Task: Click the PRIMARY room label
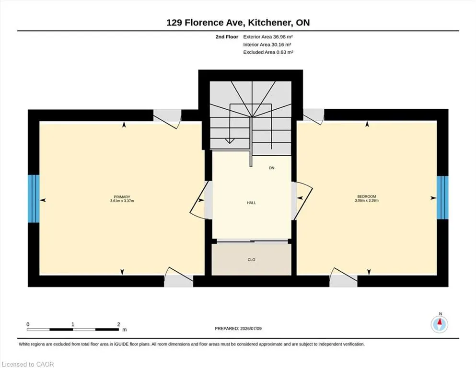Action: point(122,197)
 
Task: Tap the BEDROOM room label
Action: point(367,196)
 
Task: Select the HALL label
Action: point(251,203)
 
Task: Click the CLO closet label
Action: point(251,260)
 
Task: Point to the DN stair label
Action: point(272,168)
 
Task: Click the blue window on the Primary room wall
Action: point(34,198)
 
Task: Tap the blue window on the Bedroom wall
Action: point(442,197)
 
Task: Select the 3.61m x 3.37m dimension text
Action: point(122,201)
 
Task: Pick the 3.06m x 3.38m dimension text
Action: point(367,200)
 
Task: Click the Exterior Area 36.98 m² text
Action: point(268,37)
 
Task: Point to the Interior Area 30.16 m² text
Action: point(267,45)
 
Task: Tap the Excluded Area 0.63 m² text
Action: point(268,52)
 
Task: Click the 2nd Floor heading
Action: point(227,37)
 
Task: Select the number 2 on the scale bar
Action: point(119,324)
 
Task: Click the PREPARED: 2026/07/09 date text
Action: point(238,328)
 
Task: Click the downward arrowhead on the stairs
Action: point(230,141)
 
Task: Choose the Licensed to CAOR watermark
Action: point(28,364)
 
